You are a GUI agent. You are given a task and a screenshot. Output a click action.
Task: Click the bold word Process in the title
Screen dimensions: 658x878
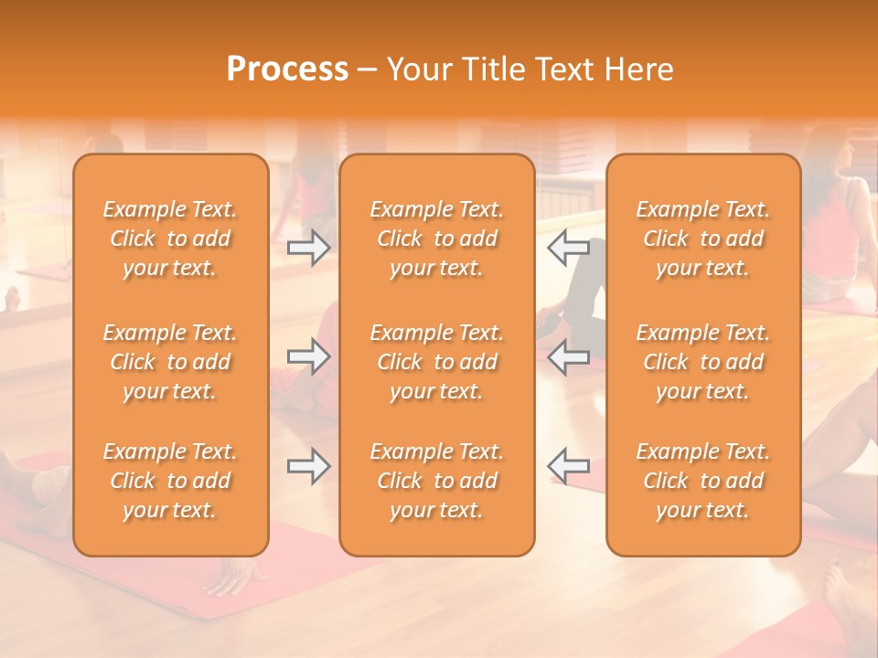[x=287, y=69]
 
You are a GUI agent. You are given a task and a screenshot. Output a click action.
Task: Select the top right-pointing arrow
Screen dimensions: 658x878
[x=308, y=248]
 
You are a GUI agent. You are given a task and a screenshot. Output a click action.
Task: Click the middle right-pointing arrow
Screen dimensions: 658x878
[x=308, y=357]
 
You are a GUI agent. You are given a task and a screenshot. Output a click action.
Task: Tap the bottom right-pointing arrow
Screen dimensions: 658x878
[x=308, y=466]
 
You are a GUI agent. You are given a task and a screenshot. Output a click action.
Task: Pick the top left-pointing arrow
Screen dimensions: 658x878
[x=569, y=248]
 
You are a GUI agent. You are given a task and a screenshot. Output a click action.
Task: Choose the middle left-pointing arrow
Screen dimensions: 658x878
[x=569, y=357]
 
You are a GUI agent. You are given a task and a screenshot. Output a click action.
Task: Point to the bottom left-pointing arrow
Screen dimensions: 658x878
[x=569, y=466]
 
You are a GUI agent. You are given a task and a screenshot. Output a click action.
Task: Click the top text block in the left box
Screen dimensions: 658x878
[x=170, y=239]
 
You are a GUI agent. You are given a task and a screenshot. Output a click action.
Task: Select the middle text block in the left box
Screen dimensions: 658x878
[x=170, y=362]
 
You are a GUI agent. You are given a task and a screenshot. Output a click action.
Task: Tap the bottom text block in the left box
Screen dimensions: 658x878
[x=170, y=481]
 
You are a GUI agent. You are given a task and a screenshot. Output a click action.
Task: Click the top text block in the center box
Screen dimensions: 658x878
[x=437, y=239]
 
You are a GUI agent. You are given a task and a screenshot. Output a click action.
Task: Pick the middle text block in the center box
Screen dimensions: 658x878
[x=437, y=362]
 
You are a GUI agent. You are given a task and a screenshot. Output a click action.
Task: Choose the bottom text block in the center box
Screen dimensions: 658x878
[x=437, y=481]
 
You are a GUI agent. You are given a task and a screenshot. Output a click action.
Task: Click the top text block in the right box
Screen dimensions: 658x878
[x=703, y=239]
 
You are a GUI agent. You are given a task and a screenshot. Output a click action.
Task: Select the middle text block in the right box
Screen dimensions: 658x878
[x=703, y=362]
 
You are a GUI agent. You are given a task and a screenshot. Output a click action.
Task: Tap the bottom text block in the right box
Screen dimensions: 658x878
[x=703, y=481]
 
